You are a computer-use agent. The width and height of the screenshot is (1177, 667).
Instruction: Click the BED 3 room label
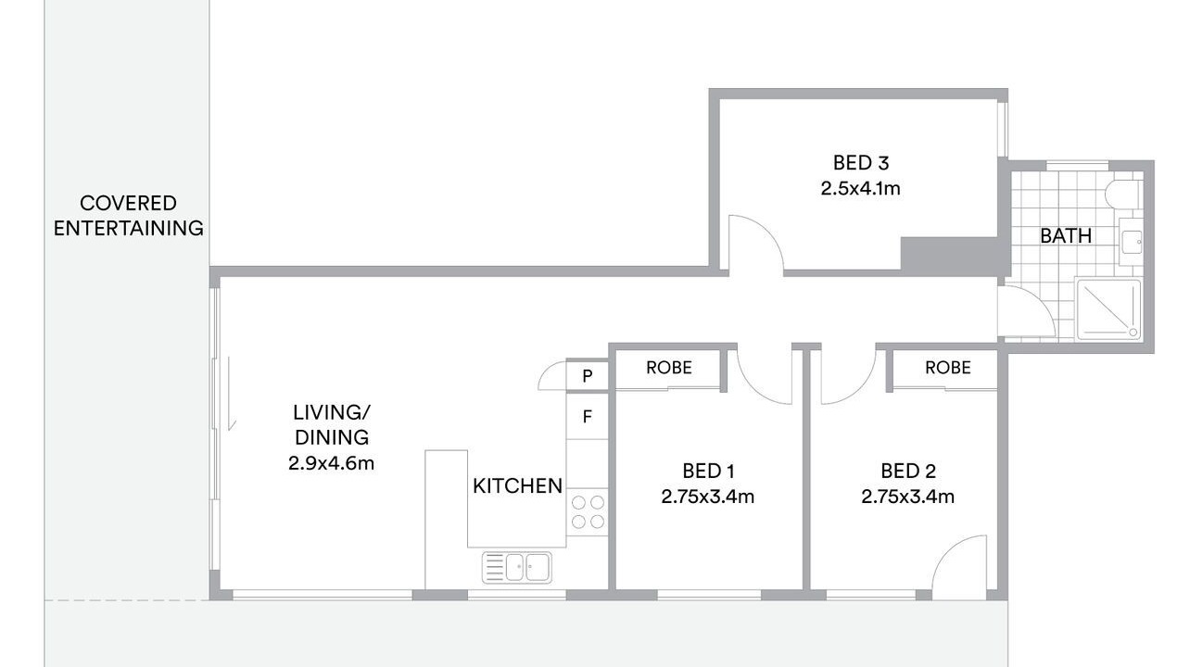pos(861,163)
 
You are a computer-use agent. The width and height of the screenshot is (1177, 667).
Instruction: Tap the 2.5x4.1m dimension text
pos(861,188)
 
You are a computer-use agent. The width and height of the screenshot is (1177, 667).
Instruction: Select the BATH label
pos(1066,236)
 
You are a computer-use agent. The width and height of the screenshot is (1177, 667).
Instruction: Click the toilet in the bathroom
pos(1123,195)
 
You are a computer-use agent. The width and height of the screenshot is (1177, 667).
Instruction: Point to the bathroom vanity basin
pos(1132,242)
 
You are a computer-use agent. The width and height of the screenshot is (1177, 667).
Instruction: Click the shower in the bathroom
pos(1108,309)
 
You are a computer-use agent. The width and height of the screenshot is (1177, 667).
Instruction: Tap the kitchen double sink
pos(516,567)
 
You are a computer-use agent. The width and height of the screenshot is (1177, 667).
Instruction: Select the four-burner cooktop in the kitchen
pos(588,511)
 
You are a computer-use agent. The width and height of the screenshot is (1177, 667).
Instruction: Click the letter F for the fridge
pos(588,417)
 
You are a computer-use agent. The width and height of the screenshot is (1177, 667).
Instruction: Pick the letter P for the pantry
pos(588,375)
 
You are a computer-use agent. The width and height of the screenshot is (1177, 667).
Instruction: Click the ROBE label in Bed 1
pos(668,368)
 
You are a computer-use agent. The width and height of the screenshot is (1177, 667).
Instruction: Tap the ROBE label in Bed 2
pos(947,368)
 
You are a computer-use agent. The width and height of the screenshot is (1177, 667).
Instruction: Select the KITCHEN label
pos(517,485)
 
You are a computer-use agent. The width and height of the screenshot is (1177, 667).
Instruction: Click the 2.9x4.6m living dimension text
pos(331,463)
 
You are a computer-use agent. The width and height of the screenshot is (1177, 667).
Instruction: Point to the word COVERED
pos(128,203)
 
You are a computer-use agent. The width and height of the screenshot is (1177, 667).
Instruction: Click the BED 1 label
pos(708,472)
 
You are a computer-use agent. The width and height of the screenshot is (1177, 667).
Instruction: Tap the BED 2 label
pos(908,472)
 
